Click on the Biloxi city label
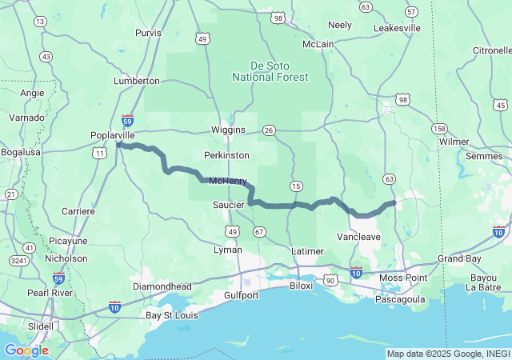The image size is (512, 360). point(301,285)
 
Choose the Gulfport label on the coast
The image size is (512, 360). point(238,295)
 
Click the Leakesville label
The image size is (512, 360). point(397,28)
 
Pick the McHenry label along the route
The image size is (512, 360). point(228,182)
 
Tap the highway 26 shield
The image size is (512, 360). point(269,130)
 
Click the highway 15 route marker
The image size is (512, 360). point(296,186)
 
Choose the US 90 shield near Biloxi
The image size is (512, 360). point(330,280)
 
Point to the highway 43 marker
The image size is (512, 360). point(46,57)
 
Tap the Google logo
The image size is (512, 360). point(26,350)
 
